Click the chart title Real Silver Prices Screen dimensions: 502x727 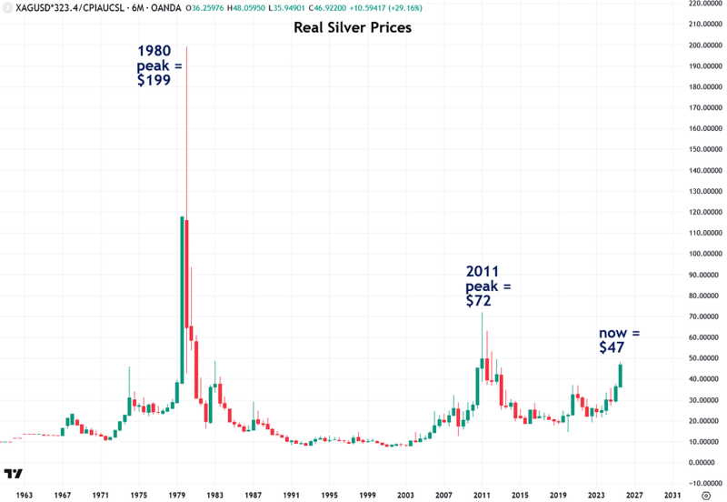353,28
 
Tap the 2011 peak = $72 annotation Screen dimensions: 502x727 489,286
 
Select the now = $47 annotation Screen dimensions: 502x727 619,340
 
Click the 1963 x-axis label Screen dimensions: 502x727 25,495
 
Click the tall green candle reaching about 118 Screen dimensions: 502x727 183,300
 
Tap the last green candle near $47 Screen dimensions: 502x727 621,376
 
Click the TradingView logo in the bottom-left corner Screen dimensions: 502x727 14,475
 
